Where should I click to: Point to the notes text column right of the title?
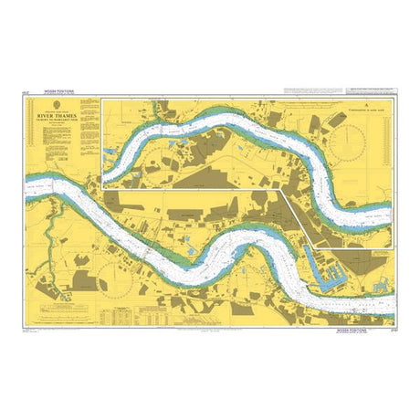(88, 128)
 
